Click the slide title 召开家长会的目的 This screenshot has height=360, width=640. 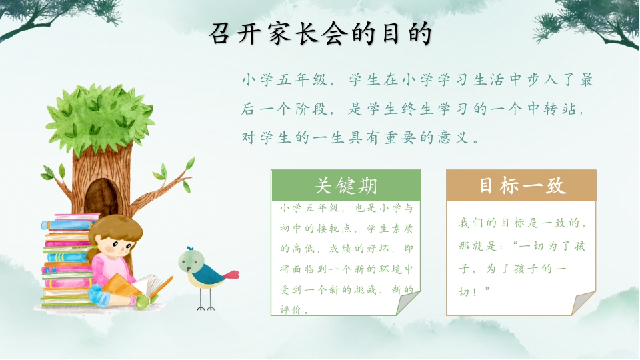coord(321,33)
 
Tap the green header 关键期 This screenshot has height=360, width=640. coord(346,186)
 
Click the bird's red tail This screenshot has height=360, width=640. coord(231,274)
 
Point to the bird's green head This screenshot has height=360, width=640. coord(191,261)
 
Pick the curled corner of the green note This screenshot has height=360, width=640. coord(407,303)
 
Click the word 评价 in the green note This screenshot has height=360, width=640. coord(291,310)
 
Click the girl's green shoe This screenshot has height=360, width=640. coord(143,301)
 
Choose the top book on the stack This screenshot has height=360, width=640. coord(77,216)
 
